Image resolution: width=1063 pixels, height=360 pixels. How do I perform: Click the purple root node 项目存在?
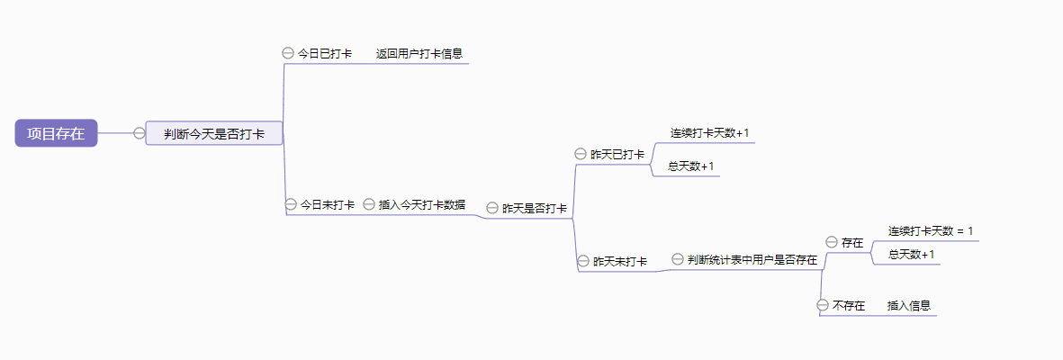pos(56,133)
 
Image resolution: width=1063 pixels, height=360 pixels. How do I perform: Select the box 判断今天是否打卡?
pos(214,133)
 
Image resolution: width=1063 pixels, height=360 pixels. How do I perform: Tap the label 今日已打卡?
pos(325,53)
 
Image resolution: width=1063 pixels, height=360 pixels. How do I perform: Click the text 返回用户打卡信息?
pos(419,53)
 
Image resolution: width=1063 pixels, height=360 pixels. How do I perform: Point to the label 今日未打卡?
pos(328,204)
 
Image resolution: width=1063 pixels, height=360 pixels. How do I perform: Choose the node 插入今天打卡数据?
pos(422,204)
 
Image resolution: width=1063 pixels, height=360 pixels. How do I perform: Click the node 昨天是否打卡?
pos(535,208)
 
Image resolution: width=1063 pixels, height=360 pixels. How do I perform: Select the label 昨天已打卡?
pos(617,154)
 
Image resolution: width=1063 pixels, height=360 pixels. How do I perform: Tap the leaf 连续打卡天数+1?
pos(709,133)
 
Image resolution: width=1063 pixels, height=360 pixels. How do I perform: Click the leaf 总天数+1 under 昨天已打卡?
pos(691,166)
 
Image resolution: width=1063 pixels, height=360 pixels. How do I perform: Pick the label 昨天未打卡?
pos(620,261)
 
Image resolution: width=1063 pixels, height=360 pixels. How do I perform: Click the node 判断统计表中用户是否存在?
pos(752,260)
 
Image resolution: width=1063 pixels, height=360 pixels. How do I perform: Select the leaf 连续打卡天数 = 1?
pos(931,231)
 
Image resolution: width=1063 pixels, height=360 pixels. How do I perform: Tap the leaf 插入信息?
pos(909,306)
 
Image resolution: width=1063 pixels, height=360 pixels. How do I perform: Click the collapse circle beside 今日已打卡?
pos(288,53)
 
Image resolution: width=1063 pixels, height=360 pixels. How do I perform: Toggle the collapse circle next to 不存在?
pos(823,306)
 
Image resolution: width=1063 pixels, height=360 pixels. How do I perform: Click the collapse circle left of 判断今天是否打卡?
pos(139,133)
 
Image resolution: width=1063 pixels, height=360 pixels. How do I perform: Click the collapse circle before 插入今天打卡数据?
pos(369,204)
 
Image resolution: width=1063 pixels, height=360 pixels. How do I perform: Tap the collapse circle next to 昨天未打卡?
pos(583,261)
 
